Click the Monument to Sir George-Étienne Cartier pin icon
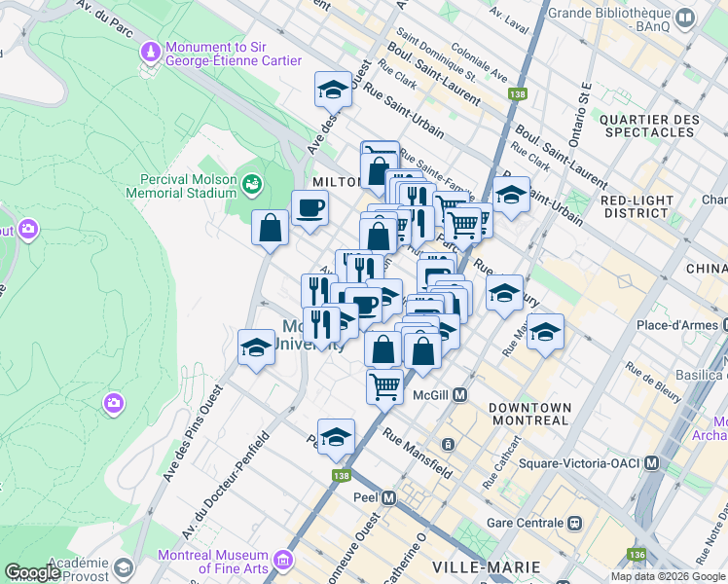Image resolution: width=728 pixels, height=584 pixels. click(150, 50)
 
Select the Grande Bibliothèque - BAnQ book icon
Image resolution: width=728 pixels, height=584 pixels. click(685, 18)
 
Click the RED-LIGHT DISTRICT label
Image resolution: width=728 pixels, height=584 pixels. click(637, 206)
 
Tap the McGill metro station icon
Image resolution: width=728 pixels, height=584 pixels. click(460, 395)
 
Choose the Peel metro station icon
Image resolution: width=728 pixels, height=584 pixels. click(389, 497)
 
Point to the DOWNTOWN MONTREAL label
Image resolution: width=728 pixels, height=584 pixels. click(528, 414)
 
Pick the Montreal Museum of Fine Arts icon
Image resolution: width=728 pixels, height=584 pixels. click(283, 560)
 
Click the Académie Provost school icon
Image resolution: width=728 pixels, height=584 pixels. click(123, 566)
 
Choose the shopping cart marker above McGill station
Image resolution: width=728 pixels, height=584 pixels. click(384, 385)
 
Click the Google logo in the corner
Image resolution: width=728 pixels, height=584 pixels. click(33, 572)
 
